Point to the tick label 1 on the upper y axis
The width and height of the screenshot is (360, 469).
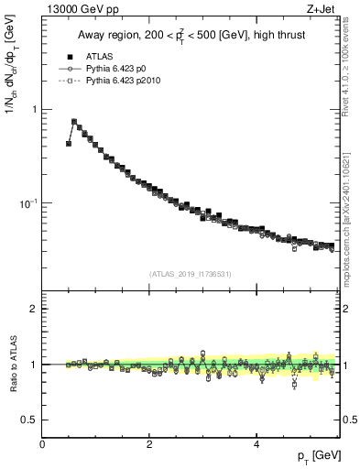click(34, 110)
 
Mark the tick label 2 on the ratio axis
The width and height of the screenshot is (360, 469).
click(34, 309)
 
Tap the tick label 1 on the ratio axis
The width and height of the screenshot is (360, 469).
click(34, 365)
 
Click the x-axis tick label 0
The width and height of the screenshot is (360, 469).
click(42, 444)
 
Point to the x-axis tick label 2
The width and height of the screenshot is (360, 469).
click(149, 444)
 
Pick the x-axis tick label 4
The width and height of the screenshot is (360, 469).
click(256, 444)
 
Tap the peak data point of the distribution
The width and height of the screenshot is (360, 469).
click(74, 121)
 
